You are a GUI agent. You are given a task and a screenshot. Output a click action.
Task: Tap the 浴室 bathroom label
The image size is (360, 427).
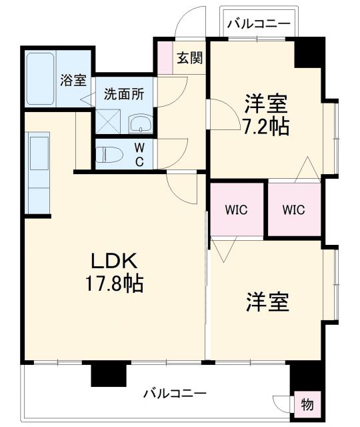pos(73,81)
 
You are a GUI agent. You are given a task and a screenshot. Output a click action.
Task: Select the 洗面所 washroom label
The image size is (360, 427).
pos(123,93)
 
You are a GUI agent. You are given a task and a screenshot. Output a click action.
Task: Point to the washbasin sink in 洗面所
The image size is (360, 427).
pos(141,122)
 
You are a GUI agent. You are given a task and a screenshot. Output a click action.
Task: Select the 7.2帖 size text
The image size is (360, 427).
pos(266,126)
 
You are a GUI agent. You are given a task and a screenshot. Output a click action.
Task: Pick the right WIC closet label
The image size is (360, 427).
pos(293,209)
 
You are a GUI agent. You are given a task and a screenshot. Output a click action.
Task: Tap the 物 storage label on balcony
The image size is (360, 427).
pos(307,404)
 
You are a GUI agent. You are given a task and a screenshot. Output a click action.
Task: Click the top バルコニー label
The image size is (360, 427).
pos(259,24)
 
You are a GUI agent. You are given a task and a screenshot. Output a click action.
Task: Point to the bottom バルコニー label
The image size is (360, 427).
pos(175,392)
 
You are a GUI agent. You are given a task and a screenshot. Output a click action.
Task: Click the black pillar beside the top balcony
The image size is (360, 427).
pos(309,53)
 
